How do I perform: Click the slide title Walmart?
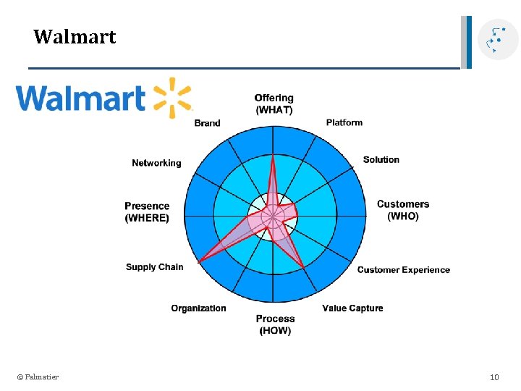[75, 37]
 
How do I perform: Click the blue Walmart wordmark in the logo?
[81, 98]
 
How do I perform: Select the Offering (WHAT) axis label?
[274, 104]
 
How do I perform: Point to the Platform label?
[344, 122]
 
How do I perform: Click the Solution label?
[381, 159]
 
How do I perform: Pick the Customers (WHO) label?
[402, 210]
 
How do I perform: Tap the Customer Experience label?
[403, 270]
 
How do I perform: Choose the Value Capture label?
[352, 308]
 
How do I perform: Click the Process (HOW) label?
[275, 324]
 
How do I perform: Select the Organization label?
[198, 308]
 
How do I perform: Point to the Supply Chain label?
[154, 267]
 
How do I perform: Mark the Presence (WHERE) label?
[147, 211]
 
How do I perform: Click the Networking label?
[156, 163]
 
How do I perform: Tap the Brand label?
[207, 123]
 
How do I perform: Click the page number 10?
[494, 377]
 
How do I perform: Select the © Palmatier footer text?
[38, 377]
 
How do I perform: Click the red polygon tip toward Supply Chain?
[200, 261]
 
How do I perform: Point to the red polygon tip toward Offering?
[273, 159]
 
